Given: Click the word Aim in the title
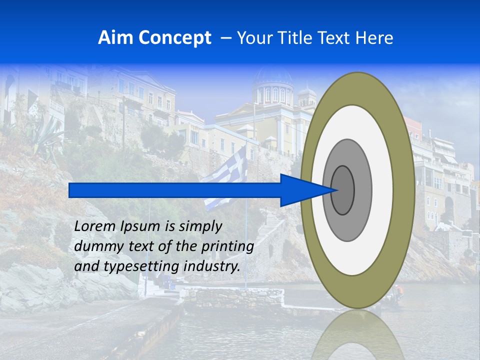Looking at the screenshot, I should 116,37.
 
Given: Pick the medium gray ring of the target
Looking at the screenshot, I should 364,190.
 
